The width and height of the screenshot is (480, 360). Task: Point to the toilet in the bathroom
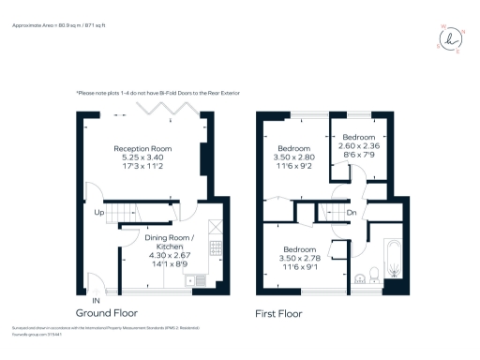click(374, 275)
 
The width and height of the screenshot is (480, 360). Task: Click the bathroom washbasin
click(358, 277)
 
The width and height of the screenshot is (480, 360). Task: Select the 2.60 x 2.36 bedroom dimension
click(356, 146)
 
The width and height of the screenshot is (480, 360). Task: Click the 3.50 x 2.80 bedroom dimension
click(296, 157)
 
